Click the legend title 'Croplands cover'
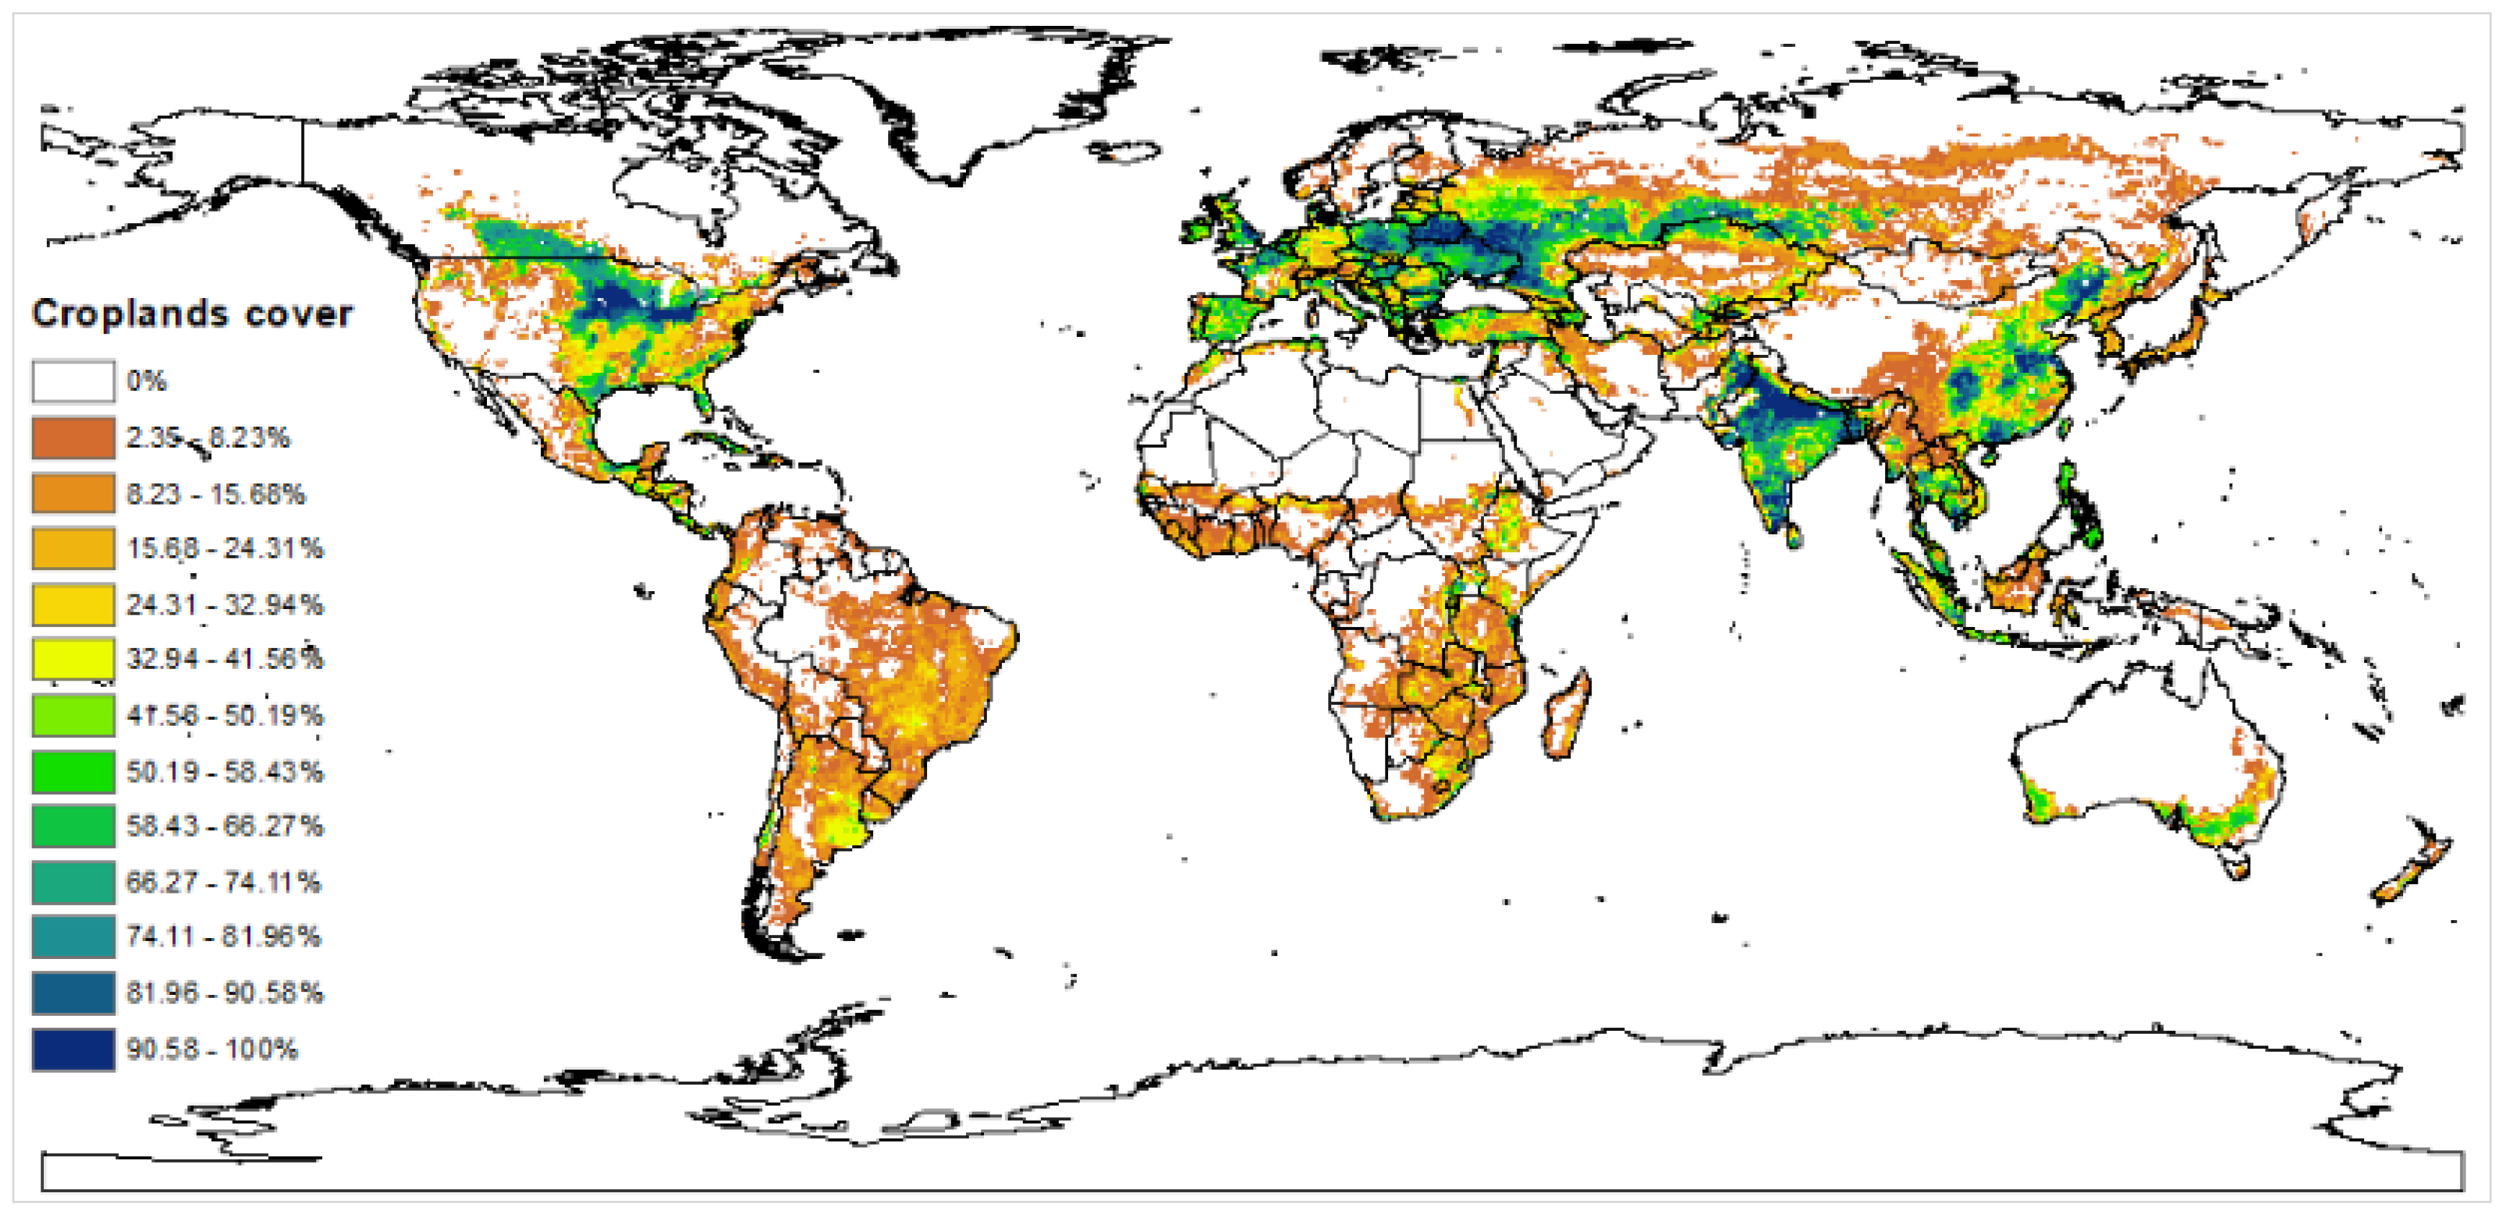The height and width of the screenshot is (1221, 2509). pos(192,313)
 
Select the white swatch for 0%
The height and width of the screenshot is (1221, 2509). pos(73,381)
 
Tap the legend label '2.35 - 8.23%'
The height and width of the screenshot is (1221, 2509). pos(207,437)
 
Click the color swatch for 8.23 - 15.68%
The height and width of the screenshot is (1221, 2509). pos(73,492)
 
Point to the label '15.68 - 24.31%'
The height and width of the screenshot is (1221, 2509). pos(224,548)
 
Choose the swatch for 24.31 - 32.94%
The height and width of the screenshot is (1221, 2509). pos(73,604)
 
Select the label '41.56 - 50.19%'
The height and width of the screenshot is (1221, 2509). pos(224,716)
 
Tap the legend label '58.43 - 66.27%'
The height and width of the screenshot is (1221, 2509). pos(224,826)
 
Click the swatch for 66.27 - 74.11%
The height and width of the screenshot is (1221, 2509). pos(73,882)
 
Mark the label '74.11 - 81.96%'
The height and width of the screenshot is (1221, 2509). pos(223,937)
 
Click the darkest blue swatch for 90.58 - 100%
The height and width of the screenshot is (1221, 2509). pos(73,1050)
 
